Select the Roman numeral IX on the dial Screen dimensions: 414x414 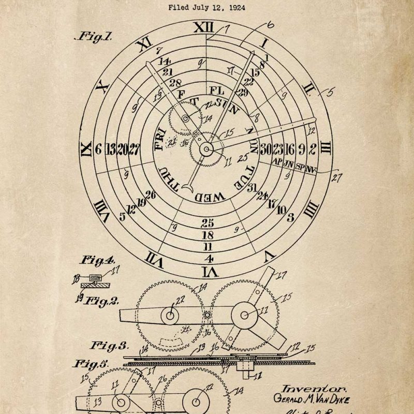pyautogui.click(x=85, y=149)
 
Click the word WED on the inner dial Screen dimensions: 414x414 pyautogui.click(x=210, y=197)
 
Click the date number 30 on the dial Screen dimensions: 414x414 pyautogui.click(x=265, y=149)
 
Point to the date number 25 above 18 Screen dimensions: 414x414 pyautogui.click(x=208, y=224)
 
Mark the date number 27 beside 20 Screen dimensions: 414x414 pyautogui.click(x=134, y=149)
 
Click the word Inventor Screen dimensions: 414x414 pyautogui.click(x=306, y=388)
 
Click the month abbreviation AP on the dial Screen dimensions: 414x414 pyautogui.click(x=277, y=162)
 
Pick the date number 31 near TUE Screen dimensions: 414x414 pyautogui.click(x=252, y=187)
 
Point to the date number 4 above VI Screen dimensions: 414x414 pyautogui.click(x=209, y=258)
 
